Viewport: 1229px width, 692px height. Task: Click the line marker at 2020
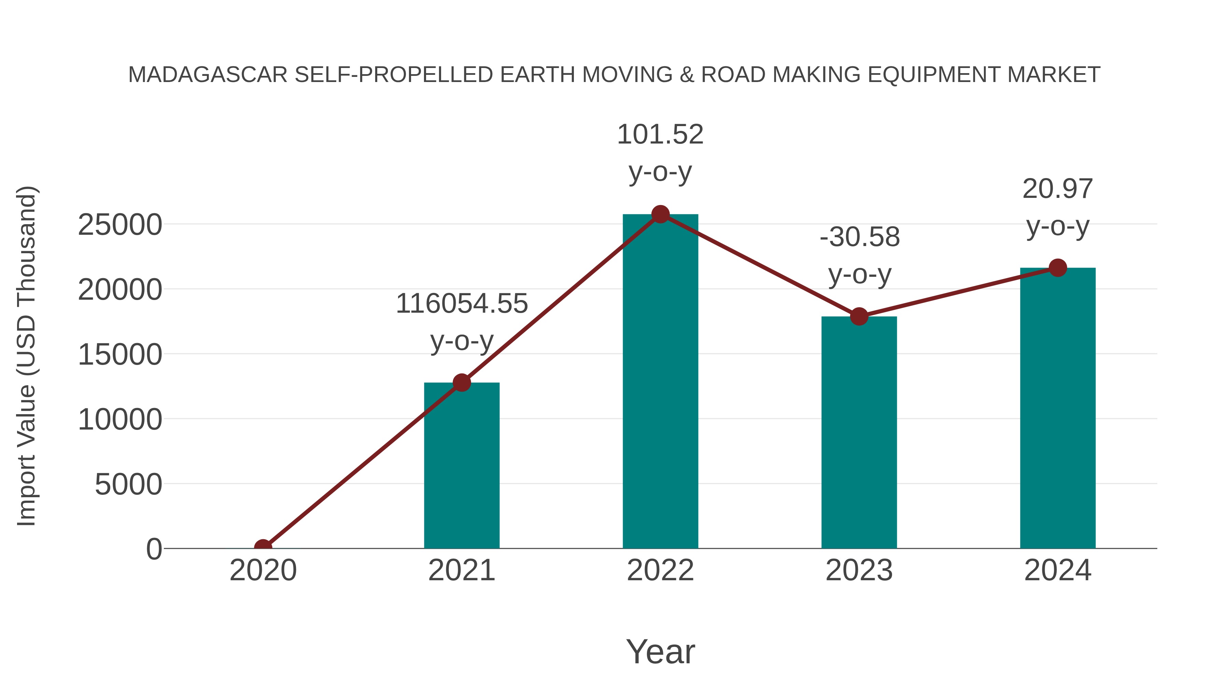coord(263,547)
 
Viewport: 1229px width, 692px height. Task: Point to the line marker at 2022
coord(660,214)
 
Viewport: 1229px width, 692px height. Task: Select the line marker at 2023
coord(859,316)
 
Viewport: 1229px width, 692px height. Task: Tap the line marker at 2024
coord(1058,268)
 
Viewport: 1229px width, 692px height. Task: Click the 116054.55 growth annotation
coord(461,304)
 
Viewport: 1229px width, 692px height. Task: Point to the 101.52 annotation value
coord(660,134)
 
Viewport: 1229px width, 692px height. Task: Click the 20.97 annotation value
coord(1058,189)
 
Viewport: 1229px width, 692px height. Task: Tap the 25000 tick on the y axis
coord(120,225)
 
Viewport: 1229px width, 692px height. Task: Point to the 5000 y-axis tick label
coord(128,484)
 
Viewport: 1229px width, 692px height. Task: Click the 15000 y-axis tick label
coord(120,355)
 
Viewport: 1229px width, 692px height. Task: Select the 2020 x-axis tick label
coord(263,570)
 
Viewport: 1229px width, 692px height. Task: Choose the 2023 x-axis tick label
coord(859,570)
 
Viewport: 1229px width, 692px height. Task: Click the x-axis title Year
coord(660,651)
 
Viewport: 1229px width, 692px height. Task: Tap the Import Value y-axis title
coord(27,356)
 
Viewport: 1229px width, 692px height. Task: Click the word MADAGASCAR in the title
coord(208,75)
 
